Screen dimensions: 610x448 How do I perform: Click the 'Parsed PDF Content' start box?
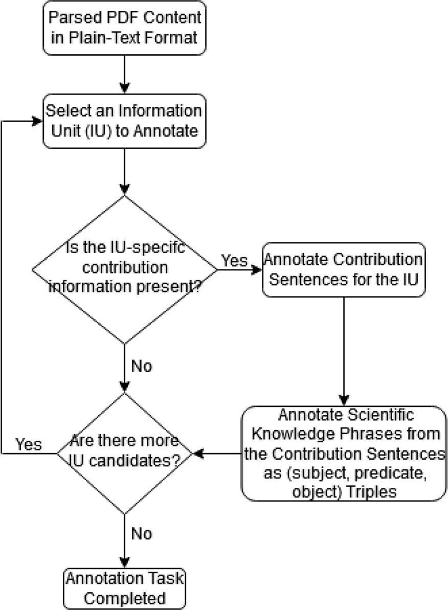(x=124, y=28)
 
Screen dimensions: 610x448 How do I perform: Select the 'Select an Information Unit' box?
(x=124, y=121)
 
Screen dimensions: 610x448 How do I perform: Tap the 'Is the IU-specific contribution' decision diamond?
(x=124, y=269)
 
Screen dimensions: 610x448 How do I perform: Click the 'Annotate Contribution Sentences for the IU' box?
(x=344, y=269)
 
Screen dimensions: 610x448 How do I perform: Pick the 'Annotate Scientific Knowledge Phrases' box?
(x=344, y=453)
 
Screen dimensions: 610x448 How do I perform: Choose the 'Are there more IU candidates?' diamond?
(x=124, y=453)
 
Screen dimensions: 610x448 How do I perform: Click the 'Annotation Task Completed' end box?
(x=124, y=588)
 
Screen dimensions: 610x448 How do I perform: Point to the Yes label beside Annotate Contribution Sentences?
(x=234, y=260)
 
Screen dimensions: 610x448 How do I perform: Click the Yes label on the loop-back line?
(x=29, y=444)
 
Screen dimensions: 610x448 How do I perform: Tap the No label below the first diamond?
(x=142, y=366)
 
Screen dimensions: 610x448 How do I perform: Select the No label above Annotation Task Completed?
(x=142, y=533)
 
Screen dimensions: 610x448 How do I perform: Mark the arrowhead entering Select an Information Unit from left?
(x=37, y=121)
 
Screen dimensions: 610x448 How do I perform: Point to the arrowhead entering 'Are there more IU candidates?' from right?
(x=198, y=453)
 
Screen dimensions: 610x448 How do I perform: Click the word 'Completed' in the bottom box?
(x=124, y=597)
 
